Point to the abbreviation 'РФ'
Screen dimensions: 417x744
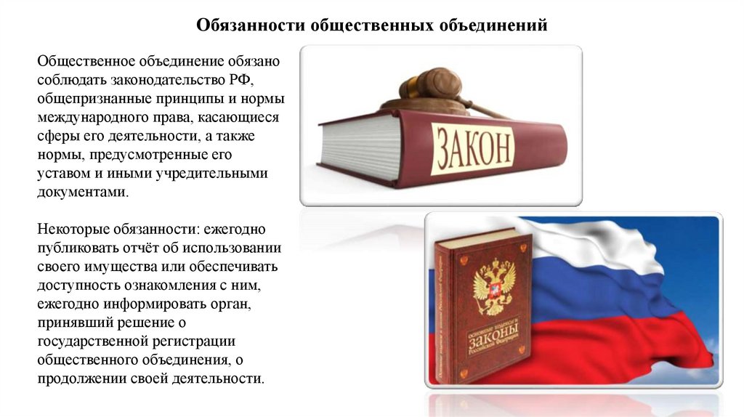point(242,78)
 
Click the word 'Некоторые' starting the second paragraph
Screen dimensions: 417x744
point(70,229)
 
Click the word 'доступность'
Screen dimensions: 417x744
point(76,286)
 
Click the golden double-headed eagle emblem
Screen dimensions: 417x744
point(493,284)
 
